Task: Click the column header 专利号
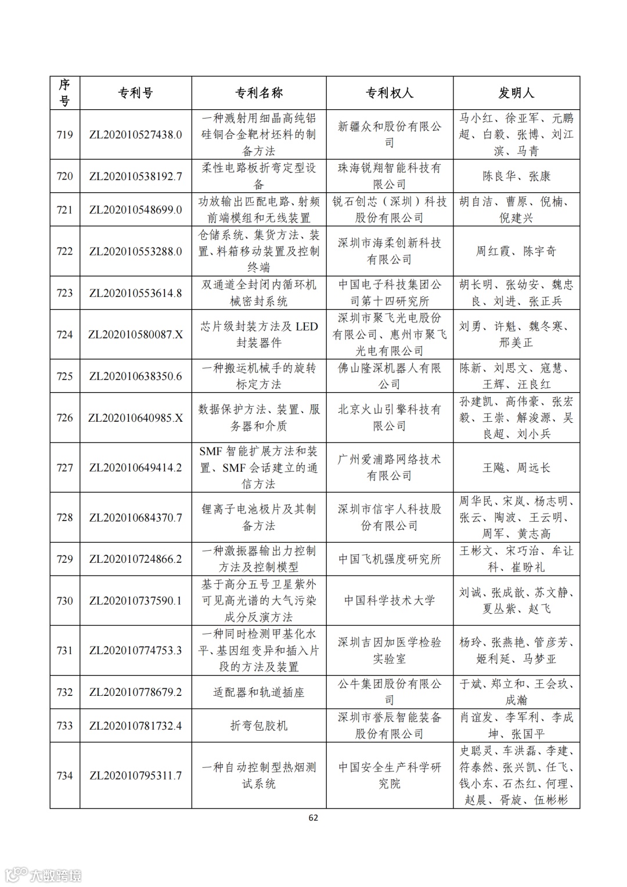[x=135, y=93]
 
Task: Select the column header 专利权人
[x=389, y=93]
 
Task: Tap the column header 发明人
[x=516, y=93]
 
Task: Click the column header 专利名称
[x=259, y=93]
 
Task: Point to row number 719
[x=64, y=135]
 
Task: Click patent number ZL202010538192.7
[x=135, y=176]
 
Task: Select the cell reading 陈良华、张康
[x=516, y=176]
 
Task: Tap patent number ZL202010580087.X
[x=135, y=335]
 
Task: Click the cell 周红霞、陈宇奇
[x=516, y=251]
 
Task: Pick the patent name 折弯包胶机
[x=259, y=726]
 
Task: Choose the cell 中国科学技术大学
[x=389, y=601]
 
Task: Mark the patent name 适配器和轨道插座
[x=259, y=692]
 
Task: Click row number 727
[x=64, y=468]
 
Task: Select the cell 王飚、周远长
[x=516, y=468]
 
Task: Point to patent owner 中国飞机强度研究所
[x=389, y=559]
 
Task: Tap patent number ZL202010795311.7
[x=135, y=775]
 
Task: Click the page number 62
[x=313, y=818]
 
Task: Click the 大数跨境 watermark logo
[x=44, y=874]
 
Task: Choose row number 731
[x=64, y=651]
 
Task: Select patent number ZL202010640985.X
[x=135, y=418]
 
